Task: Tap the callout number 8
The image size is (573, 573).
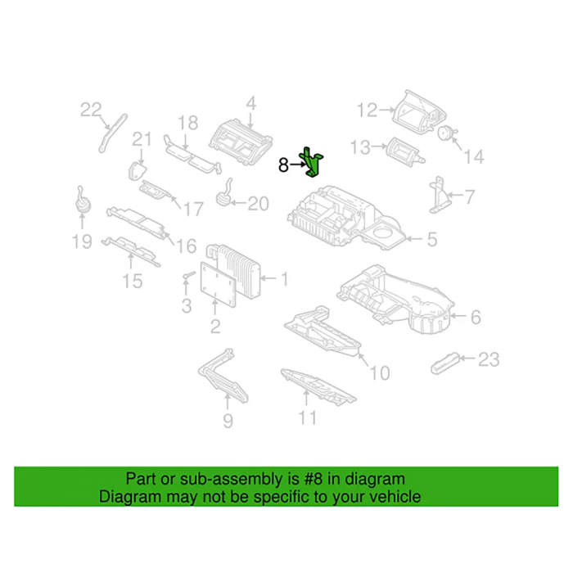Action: point(283,165)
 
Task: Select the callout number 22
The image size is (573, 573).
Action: point(91,110)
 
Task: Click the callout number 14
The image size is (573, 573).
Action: point(474,157)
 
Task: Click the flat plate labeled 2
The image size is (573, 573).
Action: point(219,284)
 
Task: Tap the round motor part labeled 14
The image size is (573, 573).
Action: point(446,133)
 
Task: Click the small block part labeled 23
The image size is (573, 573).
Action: point(445,363)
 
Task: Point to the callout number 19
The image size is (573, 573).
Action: point(82,241)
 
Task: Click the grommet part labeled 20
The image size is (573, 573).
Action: point(224,195)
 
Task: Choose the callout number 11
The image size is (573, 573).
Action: point(307,418)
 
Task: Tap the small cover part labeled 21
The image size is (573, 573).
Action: point(137,171)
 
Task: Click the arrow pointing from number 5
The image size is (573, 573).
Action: point(415,239)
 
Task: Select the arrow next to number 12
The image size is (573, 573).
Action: point(387,109)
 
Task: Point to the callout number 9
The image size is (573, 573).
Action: point(228,421)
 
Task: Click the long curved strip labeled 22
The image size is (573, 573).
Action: point(112,133)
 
